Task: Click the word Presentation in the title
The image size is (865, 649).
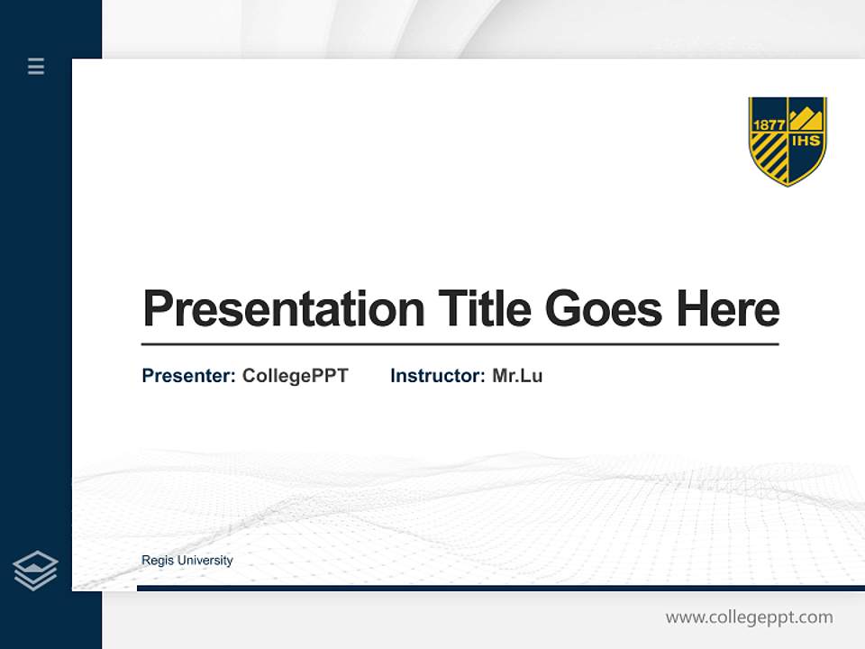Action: tap(283, 309)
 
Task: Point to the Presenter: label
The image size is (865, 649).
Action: tap(188, 376)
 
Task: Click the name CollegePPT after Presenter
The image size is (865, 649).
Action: tap(295, 376)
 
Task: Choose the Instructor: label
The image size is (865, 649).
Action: tap(437, 376)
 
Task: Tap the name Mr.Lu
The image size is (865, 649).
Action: tap(517, 376)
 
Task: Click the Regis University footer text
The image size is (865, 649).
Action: tap(187, 561)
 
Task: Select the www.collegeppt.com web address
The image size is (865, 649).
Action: tap(749, 617)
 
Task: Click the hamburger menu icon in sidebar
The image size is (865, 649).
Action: tap(36, 66)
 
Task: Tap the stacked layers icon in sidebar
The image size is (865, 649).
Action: tap(35, 571)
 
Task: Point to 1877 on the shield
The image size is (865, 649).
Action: tap(769, 124)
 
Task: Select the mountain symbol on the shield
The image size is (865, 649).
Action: tap(806, 118)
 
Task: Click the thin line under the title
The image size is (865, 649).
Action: tap(460, 344)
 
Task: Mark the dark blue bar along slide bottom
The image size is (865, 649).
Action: tap(500, 588)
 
